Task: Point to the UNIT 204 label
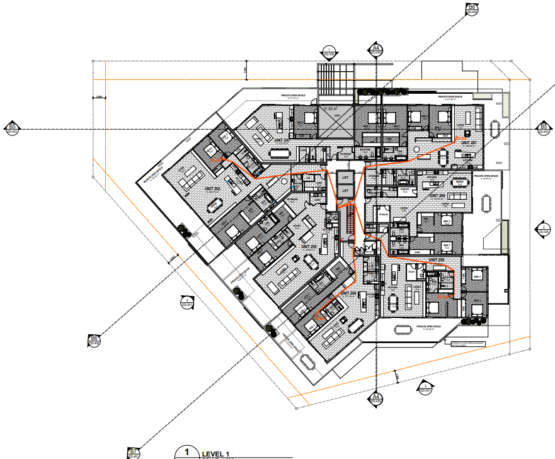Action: pyautogui.click(x=348, y=293)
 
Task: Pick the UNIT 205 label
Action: pyautogui.click(x=437, y=259)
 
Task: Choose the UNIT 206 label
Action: pyautogui.click(x=437, y=195)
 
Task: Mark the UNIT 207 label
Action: pyautogui.click(x=468, y=143)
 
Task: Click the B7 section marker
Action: pyautogui.click(x=133, y=452)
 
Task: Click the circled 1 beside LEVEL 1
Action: pyautogui.click(x=186, y=452)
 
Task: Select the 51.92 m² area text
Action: pyautogui.click(x=331, y=109)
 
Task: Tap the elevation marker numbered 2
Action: pyautogui.click(x=542, y=229)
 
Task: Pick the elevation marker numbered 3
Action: pyautogui.click(x=425, y=388)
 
